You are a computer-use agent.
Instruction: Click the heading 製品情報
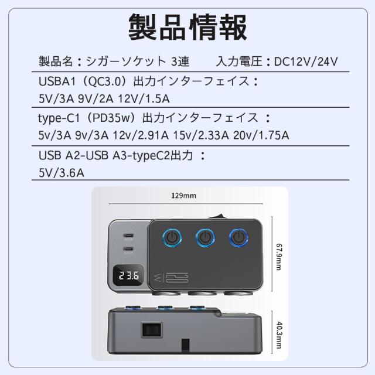[187, 27]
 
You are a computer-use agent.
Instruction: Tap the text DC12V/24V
[306, 62]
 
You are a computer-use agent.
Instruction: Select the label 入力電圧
[239, 62]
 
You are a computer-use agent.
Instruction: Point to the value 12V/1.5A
[144, 99]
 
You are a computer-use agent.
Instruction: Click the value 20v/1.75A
[261, 135]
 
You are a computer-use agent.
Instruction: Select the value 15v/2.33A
[201, 135]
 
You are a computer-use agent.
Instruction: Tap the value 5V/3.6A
[62, 173]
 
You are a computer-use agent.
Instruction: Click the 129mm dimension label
[183, 196]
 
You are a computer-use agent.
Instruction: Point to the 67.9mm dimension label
[279, 257]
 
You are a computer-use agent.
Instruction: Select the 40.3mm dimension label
[279, 335]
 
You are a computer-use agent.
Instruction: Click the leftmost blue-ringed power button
[172, 238]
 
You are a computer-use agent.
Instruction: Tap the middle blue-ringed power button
[205, 238]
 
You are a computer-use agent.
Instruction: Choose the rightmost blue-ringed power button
[238, 238]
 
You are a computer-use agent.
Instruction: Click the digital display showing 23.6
[128, 275]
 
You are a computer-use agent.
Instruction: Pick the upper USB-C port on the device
[128, 236]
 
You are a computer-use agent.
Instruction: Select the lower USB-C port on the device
[128, 249]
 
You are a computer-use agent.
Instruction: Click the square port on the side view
[151, 330]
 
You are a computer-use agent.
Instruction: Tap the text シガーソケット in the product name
[126, 62]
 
